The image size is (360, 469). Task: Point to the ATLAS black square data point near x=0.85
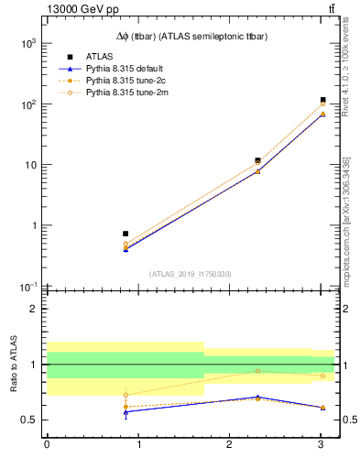[x=125, y=234]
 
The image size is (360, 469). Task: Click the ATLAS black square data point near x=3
[x=323, y=100]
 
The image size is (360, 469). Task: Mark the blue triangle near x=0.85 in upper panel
[x=125, y=248]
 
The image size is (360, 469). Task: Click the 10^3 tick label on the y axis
[x=27, y=43]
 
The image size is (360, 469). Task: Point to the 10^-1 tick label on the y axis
[x=27, y=287]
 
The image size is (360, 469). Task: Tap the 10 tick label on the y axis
[x=29, y=165]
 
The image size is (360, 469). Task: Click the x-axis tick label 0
[x=47, y=447]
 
